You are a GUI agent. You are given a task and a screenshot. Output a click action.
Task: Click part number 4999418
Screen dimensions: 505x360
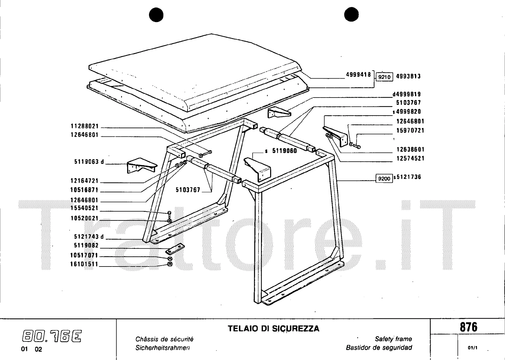tap(358, 75)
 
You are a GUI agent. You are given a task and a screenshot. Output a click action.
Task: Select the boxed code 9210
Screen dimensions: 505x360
tap(384, 77)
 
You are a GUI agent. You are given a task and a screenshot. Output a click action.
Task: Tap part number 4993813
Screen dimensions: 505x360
tap(408, 76)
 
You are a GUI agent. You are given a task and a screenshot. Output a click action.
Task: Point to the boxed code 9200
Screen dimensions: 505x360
tap(384, 178)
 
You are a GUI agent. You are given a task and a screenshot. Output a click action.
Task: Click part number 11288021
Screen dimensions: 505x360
tap(85, 126)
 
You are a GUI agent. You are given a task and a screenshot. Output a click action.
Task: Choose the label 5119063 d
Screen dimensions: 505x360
tap(89, 162)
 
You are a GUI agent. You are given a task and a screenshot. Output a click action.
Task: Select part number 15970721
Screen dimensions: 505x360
tap(410, 130)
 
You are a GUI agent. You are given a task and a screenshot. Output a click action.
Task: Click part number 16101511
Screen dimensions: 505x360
tap(84, 264)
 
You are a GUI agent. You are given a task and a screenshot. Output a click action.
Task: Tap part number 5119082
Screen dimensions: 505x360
tap(86, 245)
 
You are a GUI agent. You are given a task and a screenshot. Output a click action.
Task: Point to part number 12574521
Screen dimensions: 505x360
tap(410, 158)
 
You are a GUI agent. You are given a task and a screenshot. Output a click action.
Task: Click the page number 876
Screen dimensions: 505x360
tap(468, 327)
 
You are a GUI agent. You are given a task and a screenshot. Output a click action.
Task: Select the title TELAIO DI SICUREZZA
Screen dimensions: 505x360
tap(273, 329)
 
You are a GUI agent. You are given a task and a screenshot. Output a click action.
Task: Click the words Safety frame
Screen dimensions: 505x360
tap(393, 339)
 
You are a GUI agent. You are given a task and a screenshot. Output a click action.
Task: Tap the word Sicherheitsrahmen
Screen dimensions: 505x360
tap(163, 348)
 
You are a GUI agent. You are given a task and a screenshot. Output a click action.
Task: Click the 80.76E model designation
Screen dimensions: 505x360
tap(52, 336)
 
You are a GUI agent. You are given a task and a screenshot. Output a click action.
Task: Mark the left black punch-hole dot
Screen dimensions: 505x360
tap(156, 15)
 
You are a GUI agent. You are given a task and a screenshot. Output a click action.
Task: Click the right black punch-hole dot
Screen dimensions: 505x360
tap(351, 15)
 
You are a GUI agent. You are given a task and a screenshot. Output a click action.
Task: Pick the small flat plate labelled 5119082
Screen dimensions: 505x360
tap(175, 249)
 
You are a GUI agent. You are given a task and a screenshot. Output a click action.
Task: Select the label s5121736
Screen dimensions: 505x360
tap(407, 177)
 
